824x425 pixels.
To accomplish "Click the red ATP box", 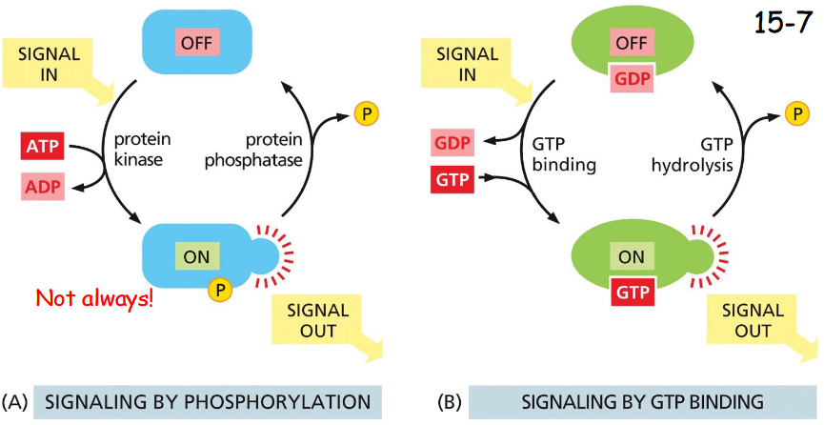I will tap(42, 148).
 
